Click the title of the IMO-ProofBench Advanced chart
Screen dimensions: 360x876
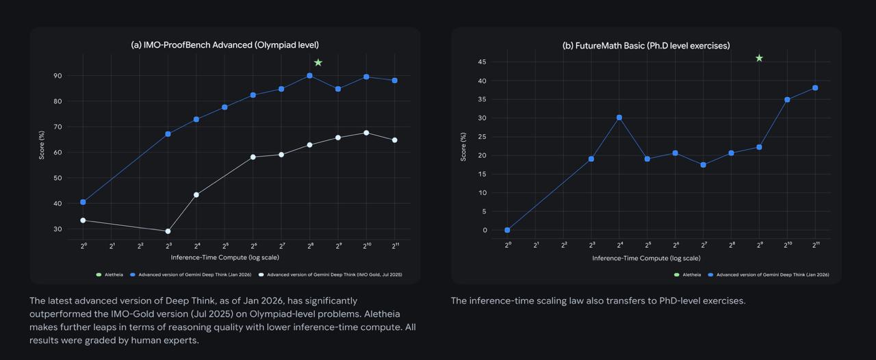point(225,45)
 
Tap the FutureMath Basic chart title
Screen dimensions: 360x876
point(646,45)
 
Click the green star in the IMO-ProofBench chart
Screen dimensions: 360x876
point(318,63)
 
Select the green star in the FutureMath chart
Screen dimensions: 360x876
point(759,58)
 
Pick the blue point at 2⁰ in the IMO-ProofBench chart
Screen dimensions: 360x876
point(83,202)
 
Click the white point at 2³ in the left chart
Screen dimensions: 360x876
point(168,231)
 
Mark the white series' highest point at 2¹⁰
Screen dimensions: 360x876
point(366,133)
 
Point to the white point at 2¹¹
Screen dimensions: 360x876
point(395,140)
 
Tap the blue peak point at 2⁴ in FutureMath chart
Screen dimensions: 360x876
point(619,118)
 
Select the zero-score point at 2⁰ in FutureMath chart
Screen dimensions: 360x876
point(507,230)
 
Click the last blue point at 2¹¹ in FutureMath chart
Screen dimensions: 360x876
point(815,88)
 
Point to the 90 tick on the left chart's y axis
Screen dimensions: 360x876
point(57,76)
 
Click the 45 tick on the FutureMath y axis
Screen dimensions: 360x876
point(482,62)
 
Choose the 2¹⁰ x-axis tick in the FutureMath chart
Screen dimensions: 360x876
point(787,244)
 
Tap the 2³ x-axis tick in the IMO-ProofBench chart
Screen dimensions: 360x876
point(168,244)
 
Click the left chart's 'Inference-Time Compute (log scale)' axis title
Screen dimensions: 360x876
point(225,258)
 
